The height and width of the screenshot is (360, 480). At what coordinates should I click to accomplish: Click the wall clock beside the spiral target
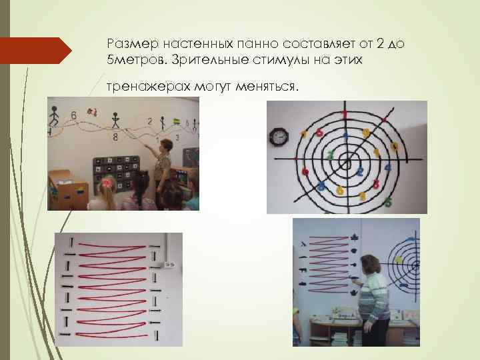pyautogui.click(x=278, y=138)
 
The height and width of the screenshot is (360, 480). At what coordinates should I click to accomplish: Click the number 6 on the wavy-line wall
pyautogui.click(x=73, y=115)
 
